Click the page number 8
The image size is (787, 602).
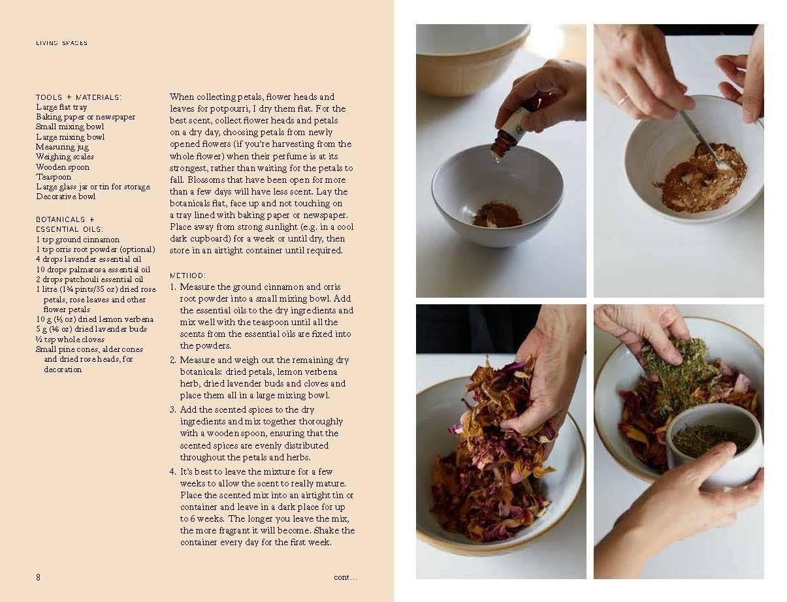click(x=38, y=577)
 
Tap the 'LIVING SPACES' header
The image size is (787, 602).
click(x=61, y=43)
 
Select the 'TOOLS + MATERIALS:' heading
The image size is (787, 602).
click(x=78, y=97)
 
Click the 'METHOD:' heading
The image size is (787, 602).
click(x=187, y=276)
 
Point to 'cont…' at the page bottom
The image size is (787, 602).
click(x=345, y=577)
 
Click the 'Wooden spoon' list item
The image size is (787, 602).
click(x=63, y=167)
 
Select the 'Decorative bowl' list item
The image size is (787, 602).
click(x=66, y=197)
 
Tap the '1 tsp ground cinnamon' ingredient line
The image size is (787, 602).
click(x=78, y=240)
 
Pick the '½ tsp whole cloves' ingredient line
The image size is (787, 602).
click(x=71, y=339)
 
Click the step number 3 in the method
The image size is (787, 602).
click(x=173, y=409)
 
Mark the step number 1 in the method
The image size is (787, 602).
click(x=173, y=287)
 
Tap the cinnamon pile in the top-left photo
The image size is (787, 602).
click(x=496, y=215)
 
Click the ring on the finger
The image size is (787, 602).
click(x=624, y=100)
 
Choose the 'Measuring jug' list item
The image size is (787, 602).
click(x=62, y=147)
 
